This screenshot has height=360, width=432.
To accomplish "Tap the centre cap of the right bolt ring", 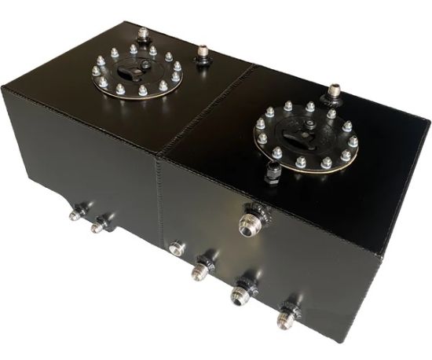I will click(x=305, y=134).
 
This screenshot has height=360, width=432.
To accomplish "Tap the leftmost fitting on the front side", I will click(x=77, y=212).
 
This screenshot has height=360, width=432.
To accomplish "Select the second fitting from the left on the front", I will click(x=98, y=226).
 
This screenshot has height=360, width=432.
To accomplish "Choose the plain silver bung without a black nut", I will click(x=176, y=249).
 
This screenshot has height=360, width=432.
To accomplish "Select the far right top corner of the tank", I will click(x=427, y=123).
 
